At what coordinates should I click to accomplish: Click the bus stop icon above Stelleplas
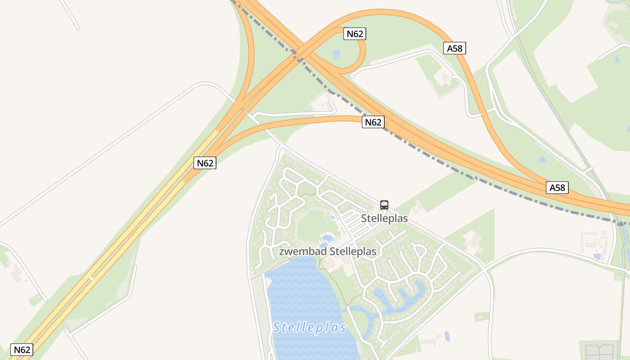point(384,205)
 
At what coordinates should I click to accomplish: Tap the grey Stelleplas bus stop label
point(384,219)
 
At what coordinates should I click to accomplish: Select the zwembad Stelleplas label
point(327,252)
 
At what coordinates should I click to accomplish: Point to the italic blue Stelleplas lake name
point(310,327)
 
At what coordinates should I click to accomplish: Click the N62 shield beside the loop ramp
point(355,34)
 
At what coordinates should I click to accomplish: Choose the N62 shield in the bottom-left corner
point(22,350)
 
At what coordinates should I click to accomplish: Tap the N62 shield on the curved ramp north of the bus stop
point(373,122)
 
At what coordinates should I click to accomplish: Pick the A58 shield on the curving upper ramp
point(454,48)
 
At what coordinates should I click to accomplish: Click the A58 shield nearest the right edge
point(557,188)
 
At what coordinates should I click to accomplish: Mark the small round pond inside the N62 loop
point(336,54)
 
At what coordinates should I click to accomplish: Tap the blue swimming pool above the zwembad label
point(327,238)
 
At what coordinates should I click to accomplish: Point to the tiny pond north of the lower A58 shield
point(542,160)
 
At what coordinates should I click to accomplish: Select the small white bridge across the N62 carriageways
point(91,279)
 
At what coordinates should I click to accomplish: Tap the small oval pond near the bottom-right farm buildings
point(446,336)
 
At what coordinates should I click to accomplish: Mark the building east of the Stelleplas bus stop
point(418,207)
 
